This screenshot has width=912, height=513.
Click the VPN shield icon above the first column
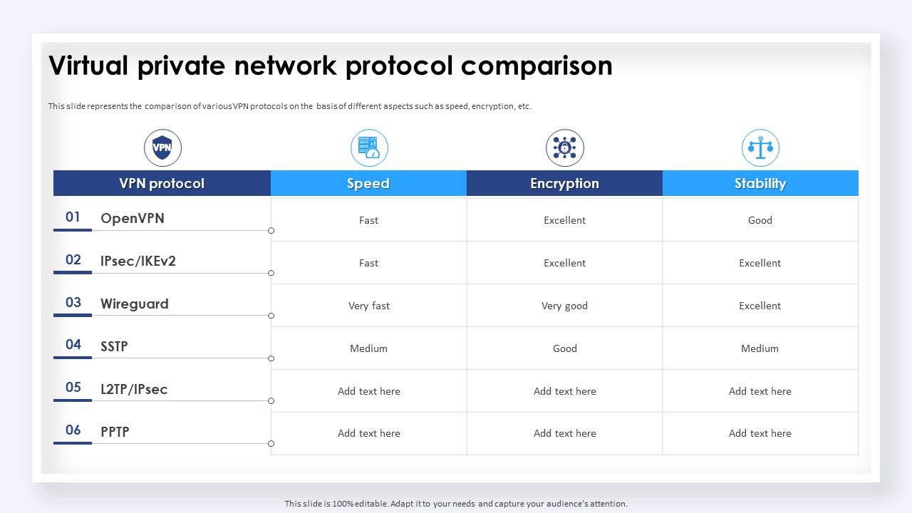tap(162, 148)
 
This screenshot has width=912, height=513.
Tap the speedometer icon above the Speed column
tap(369, 148)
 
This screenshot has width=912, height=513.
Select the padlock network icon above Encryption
tap(564, 148)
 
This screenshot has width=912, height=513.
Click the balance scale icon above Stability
tap(760, 148)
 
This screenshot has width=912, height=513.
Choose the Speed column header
tap(368, 183)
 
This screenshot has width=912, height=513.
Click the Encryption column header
tap(564, 183)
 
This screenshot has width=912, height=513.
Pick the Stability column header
tap(760, 183)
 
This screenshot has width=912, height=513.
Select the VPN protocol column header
tap(162, 183)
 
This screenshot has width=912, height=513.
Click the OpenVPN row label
tap(133, 218)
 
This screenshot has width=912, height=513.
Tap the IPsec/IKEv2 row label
tap(138, 261)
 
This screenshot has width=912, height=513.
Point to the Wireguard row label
tap(135, 304)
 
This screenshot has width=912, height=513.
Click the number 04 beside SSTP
tap(73, 345)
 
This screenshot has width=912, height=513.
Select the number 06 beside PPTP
tap(73, 430)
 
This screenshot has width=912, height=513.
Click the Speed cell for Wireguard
tap(369, 306)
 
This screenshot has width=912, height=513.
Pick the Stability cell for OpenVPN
tap(760, 220)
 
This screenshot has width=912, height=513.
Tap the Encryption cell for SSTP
tap(564, 348)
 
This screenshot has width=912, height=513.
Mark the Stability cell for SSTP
tap(760, 348)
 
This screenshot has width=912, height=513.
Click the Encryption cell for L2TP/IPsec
tap(564, 391)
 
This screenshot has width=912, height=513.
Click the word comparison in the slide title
tap(537, 66)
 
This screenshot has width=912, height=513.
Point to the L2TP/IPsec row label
tap(134, 389)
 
